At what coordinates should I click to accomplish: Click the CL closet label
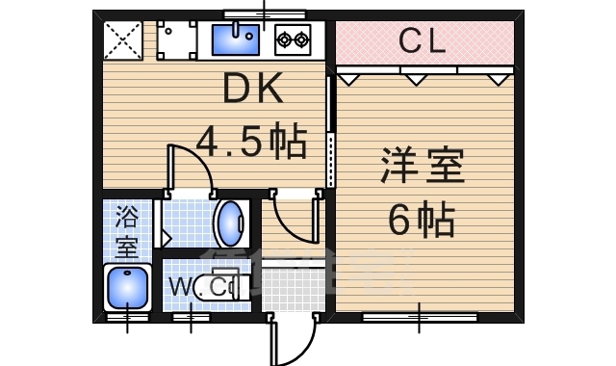pos(423,40)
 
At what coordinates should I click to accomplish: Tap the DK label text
pos(252,88)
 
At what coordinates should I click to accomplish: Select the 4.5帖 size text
pos(250,140)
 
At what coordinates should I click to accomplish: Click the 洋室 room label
pos(423,165)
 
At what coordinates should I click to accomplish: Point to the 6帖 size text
pos(422,219)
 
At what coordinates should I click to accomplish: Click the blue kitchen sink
pos(236,39)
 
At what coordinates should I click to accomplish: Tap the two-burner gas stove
pos(293,39)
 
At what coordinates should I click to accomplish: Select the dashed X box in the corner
pos(122,40)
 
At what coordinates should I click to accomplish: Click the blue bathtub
pos(127,288)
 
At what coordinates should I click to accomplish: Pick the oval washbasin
pos(231,223)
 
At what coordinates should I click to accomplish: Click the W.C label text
pos(197,287)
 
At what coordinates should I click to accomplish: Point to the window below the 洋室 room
pos(420,317)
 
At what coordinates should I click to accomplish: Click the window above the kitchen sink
pos(265,15)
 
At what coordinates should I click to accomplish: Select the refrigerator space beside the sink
pos(176,40)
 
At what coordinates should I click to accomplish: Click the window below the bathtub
pos(127,317)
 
